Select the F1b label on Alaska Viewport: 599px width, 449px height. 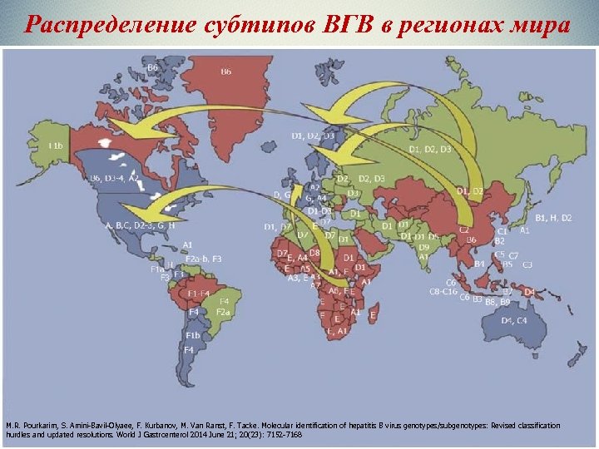56,146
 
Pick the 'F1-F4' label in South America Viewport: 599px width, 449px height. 199,293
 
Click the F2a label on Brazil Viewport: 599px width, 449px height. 223,311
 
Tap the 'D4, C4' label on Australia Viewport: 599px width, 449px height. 513,320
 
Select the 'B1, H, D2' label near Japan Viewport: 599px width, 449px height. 553,218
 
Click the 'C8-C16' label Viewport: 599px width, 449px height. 443,292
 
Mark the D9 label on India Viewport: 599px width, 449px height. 423,247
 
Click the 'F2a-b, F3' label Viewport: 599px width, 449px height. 204,259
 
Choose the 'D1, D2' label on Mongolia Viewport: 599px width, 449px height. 469,191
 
